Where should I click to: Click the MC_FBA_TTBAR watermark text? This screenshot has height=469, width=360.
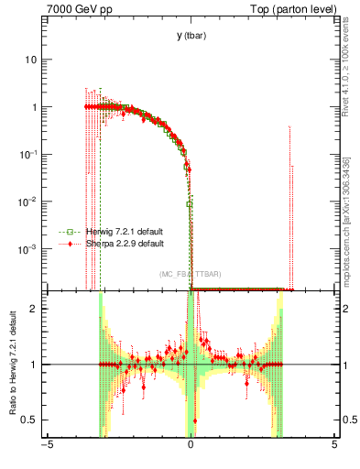(x=190, y=274)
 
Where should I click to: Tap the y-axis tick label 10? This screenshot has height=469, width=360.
(x=31, y=60)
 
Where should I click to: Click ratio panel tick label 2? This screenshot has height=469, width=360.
(x=35, y=309)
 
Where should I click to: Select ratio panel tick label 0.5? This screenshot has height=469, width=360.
(x=30, y=420)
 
